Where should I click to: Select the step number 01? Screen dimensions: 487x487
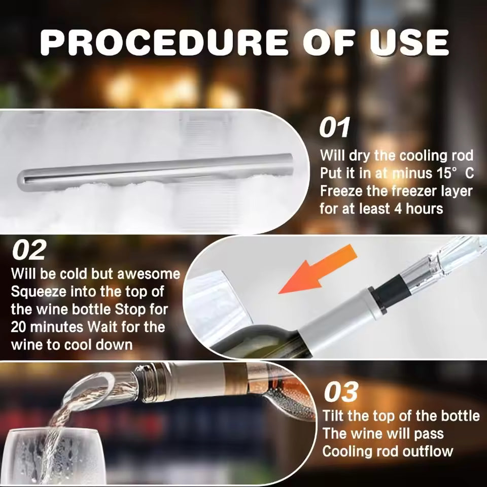pyautogui.click(x=334, y=128)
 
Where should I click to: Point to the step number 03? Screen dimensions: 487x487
pyautogui.click(x=340, y=392)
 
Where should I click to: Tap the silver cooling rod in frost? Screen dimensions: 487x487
pyautogui.click(x=152, y=169)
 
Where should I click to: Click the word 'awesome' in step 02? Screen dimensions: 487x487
pyautogui.click(x=149, y=274)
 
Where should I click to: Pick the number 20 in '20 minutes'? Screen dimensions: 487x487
pyautogui.click(x=20, y=327)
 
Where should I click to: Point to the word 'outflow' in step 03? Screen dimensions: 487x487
pyautogui.click(x=427, y=451)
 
